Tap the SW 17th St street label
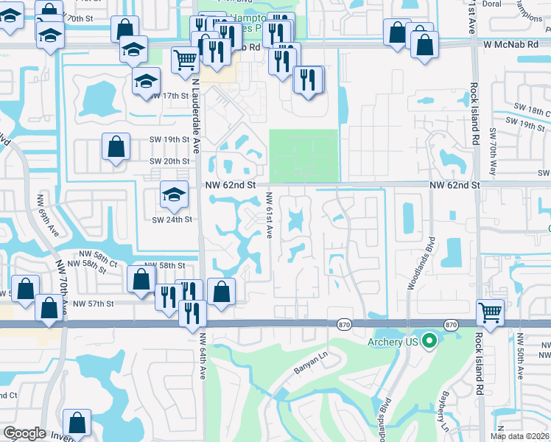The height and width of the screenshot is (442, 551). click(x=170, y=96)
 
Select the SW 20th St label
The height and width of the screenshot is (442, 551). click(x=170, y=161)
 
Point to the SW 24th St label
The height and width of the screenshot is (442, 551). click(x=172, y=219)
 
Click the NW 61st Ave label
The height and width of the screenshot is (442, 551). click(x=270, y=214)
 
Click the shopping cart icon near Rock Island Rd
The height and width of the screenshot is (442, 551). click(x=490, y=312)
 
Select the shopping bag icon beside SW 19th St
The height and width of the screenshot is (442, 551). click(x=117, y=147)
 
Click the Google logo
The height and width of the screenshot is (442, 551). click(x=24, y=433)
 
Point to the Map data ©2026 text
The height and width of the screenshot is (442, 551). click(x=520, y=436)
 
